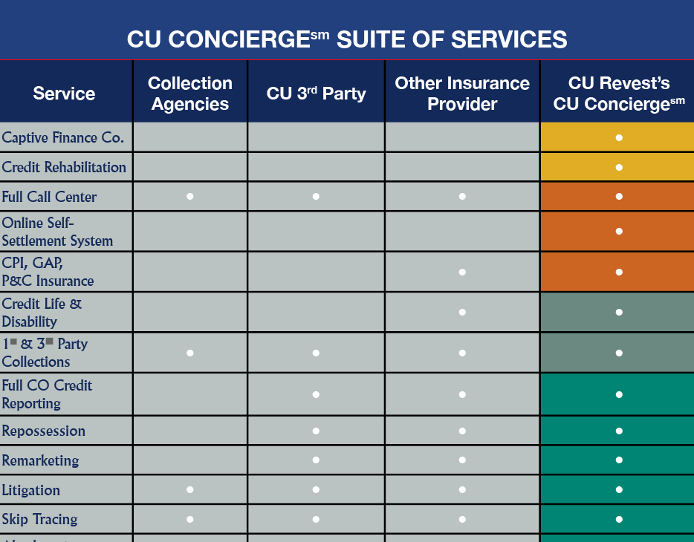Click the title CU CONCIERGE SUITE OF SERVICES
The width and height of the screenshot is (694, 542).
coord(347,39)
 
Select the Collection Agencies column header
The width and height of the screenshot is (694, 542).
coord(190,94)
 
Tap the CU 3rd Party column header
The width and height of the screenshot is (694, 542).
coord(316,94)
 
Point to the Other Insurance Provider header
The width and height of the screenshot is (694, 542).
coord(462,94)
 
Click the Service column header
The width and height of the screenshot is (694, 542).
coord(64,94)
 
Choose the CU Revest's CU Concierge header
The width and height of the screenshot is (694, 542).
coord(619,94)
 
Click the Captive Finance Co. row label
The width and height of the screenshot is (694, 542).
coord(63,137)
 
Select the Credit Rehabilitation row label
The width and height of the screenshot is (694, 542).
coord(64,167)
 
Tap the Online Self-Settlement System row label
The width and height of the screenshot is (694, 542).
coord(57,232)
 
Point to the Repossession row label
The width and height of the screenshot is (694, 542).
coord(44,431)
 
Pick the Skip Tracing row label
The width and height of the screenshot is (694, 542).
coord(39,519)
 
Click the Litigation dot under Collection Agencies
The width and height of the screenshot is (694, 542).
coord(190,490)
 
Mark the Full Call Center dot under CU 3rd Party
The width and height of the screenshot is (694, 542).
coord(316,197)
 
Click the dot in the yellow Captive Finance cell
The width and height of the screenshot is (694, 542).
coord(619,138)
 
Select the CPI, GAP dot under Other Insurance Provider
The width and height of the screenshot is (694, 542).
coord(462,272)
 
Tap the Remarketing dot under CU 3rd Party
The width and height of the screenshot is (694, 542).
coord(316,460)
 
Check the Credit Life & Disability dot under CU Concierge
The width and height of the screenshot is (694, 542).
coord(619,313)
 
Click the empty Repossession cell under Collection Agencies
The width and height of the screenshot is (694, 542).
coord(190,431)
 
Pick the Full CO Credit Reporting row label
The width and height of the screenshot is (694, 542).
coord(47,394)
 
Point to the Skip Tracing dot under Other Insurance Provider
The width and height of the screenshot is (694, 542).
coord(462,520)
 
